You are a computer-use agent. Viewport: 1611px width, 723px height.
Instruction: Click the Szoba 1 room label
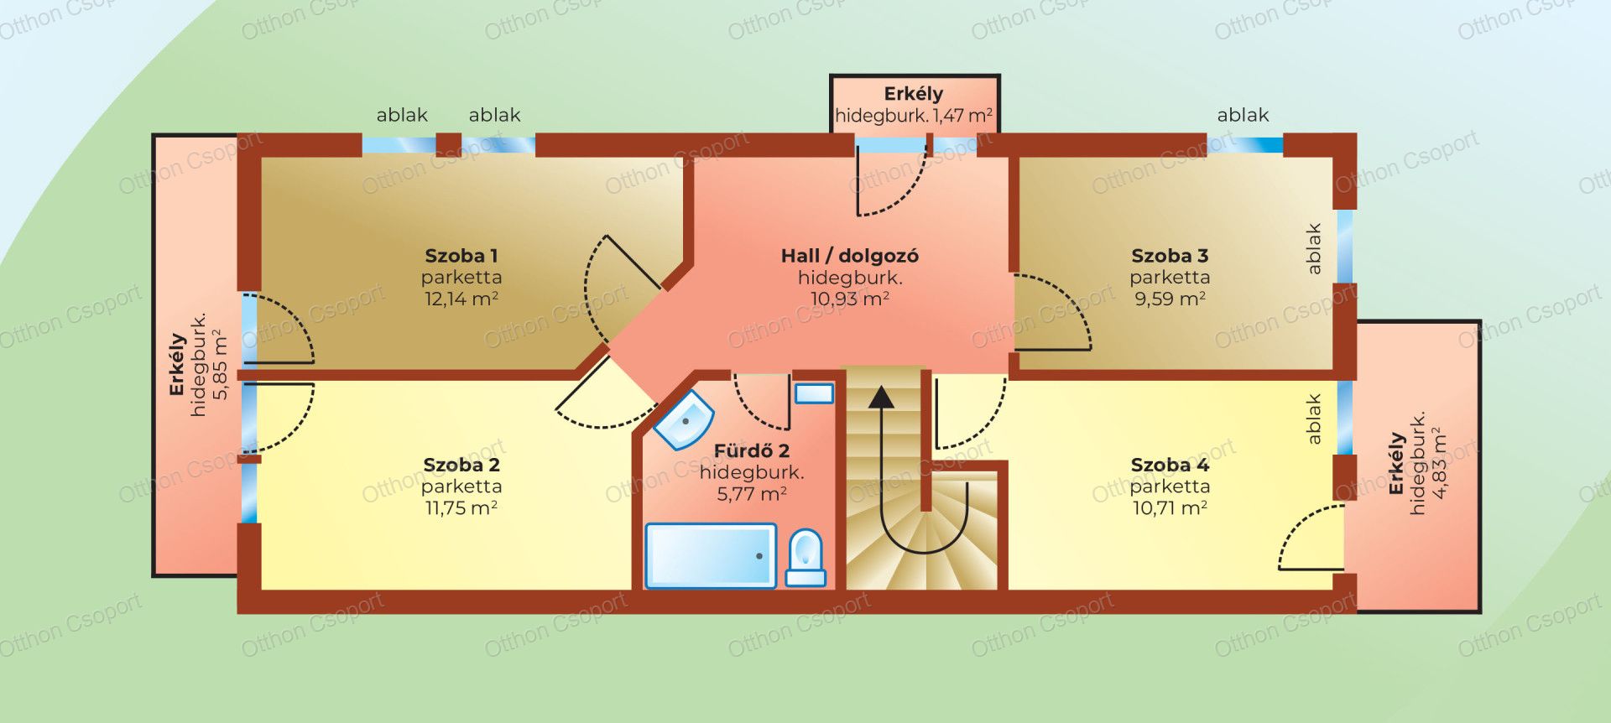click(x=461, y=256)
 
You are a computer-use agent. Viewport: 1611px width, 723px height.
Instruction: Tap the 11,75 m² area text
click(x=461, y=508)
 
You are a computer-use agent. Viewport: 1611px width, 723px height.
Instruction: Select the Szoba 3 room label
click(x=1170, y=256)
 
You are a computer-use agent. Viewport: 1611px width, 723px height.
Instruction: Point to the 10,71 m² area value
click(x=1170, y=508)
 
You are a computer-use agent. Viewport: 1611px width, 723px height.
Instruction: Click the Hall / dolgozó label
click(x=850, y=256)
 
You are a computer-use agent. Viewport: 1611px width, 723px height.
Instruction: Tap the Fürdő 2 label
click(x=752, y=450)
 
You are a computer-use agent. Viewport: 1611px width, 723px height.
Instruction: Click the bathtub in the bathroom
click(x=711, y=555)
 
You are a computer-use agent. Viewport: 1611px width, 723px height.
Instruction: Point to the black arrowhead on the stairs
click(x=881, y=396)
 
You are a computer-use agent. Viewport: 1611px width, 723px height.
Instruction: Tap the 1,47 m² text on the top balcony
click(x=963, y=116)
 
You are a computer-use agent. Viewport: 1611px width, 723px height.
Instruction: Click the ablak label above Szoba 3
click(x=1243, y=115)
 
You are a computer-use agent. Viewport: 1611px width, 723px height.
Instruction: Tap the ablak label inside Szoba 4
click(x=1314, y=419)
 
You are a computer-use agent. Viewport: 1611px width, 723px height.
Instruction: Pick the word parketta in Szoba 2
click(x=461, y=486)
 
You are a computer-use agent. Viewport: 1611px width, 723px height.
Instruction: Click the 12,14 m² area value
click(x=461, y=299)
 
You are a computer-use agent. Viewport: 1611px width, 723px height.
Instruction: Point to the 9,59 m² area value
click(x=1170, y=299)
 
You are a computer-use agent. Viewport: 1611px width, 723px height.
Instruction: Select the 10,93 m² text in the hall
click(x=850, y=299)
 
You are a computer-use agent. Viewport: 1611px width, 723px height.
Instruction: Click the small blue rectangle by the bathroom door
click(x=814, y=393)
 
